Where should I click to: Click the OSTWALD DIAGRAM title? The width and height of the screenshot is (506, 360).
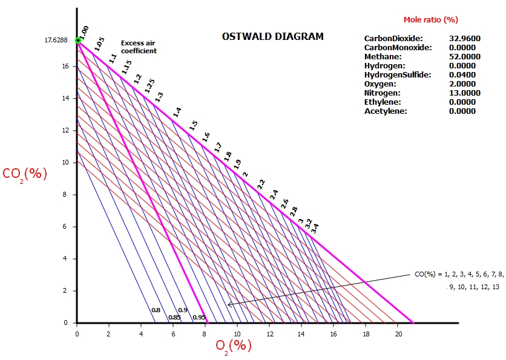(x=273, y=37)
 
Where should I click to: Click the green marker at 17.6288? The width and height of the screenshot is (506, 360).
(x=77, y=41)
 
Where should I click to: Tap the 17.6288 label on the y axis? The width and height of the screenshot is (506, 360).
(x=56, y=41)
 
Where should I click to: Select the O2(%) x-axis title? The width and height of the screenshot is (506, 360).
(x=234, y=345)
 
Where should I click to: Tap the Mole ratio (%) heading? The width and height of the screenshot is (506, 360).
(x=430, y=19)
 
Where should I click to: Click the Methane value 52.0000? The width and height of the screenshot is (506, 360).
(x=464, y=56)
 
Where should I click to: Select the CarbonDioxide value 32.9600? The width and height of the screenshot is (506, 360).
(x=464, y=38)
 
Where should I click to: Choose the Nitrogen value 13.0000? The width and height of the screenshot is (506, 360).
(x=464, y=93)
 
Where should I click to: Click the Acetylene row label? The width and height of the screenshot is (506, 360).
(x=386, y=111)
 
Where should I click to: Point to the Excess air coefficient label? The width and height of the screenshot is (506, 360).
(x=139, y=47)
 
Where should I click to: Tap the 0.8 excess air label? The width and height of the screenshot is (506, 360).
(x=156, y=310)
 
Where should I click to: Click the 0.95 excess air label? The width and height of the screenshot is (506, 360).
(x=199, y=317)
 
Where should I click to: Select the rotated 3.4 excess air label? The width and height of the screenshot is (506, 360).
(x=315, y=229)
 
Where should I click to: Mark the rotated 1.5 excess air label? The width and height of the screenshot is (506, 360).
(x=194, y=125)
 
